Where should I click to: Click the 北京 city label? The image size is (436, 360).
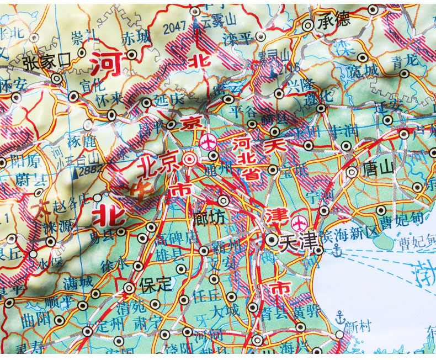click(158, 164)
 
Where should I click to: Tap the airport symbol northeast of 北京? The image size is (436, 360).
click(209, 141)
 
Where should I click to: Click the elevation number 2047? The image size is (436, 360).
click(176, 25)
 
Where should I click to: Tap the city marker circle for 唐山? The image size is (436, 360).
click(351, 172)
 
